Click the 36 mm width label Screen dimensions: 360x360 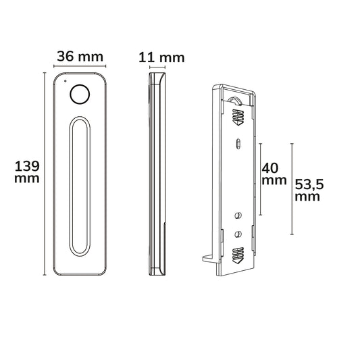tap(80, 57)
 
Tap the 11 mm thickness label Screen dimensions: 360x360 tap(161, 57)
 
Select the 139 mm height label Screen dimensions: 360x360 tap(27, 172)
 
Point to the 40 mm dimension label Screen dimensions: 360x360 tap(274, 174)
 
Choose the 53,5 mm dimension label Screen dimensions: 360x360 tap(309, 190)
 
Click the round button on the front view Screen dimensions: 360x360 tap(80, 95)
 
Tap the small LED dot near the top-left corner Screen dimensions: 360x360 tap(66, 81)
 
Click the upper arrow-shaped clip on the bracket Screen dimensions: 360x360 tap(238, 117)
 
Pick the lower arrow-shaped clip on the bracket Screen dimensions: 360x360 tap(238, 255)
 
